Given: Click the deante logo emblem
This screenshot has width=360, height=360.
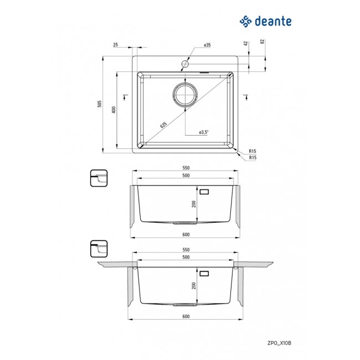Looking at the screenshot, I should tap(246, 22).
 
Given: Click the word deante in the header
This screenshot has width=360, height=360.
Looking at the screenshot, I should tap(272, 22).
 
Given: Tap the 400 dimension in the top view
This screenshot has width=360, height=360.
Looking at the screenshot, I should tap(113, 110).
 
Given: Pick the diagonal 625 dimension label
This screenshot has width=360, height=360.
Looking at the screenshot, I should tap(163, 125).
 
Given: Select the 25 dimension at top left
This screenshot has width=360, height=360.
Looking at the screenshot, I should tap(115, 45).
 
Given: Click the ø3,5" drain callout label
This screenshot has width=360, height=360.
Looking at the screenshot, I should tap(204, 132).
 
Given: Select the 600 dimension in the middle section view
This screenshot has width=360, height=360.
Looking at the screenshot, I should tap(186, 234).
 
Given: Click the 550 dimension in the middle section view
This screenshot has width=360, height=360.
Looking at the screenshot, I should tap(186, 168).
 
